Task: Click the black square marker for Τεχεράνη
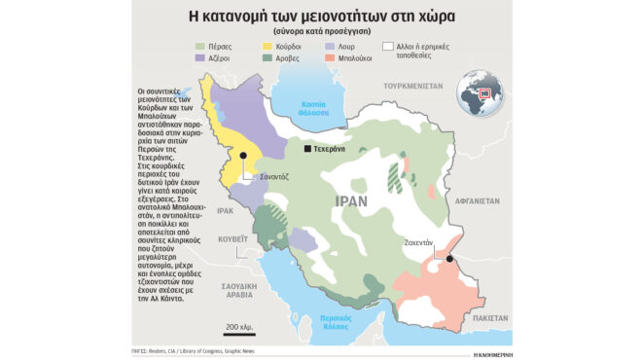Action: pyautogui.click(x=307, y=150)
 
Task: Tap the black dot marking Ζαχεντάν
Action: pyautogui.click(x=450, y=259)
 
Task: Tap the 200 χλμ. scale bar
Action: pyautogui.click(x=239, y=328)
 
